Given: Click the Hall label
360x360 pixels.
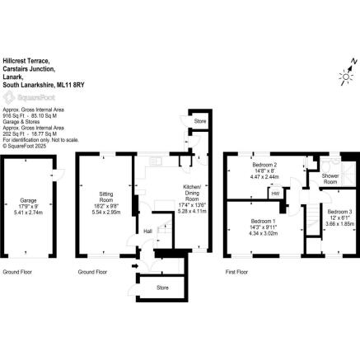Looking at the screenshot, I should [x=147, y=231].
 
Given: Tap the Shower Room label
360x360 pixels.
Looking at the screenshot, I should [x=330, y=179].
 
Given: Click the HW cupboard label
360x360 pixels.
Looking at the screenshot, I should [x=275, y=194].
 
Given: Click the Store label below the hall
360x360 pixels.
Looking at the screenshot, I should [x=163, y=288].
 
